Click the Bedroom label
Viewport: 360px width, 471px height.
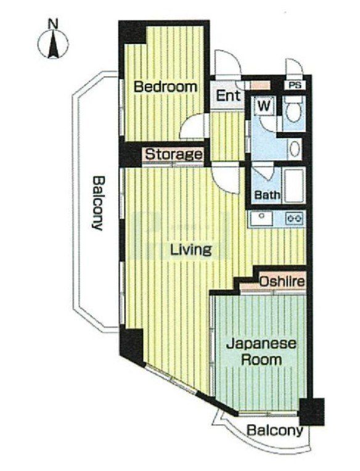coord(165,87)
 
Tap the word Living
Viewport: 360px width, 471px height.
coord(191,250)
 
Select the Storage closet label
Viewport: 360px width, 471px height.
coord(174,154)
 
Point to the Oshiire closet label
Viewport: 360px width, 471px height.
coord(282,282)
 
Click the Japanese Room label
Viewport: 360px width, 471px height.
coord(261,351)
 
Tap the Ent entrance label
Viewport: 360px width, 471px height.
coord(229,96)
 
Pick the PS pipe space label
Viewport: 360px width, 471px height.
coord(295,85)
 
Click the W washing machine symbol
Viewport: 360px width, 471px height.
coord(264,106)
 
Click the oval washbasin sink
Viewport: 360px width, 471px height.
coord(295,149)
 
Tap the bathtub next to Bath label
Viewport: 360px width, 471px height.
coord(295,186)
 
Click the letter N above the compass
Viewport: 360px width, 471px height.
coord(54,24)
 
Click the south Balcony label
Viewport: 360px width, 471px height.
coord(274,431)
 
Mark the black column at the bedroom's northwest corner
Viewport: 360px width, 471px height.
coord(133,33)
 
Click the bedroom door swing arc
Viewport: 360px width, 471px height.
coord(192,126)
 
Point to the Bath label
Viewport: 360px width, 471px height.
coord(267,195)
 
